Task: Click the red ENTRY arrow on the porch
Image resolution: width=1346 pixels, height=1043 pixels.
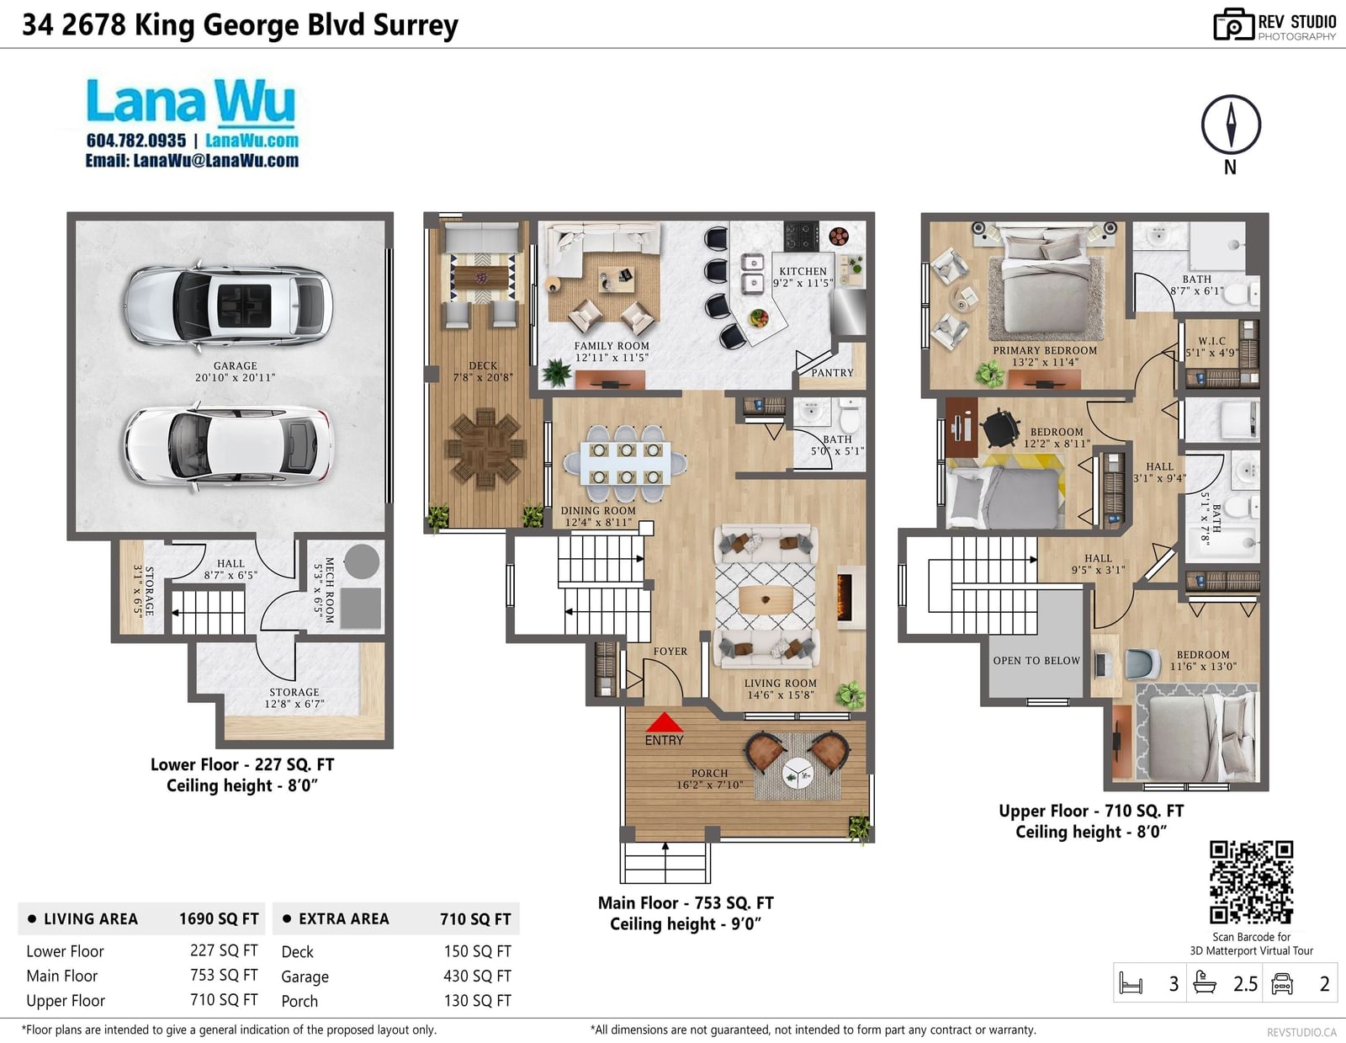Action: point(664,722)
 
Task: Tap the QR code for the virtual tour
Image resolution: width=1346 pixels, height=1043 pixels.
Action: point(1251,882)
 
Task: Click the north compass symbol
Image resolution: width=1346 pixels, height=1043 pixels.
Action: point(1231,125)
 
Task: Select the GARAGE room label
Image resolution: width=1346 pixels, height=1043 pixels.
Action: point(236,365)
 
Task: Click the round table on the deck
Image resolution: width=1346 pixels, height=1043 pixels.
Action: point(485,448)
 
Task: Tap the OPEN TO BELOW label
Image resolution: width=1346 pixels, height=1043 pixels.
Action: point(1036,661)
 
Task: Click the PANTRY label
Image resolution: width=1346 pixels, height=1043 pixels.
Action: point(832,372)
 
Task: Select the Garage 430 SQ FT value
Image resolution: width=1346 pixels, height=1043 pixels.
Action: point(477,976)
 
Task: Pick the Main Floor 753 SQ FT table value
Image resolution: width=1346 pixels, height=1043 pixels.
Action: point(224,976)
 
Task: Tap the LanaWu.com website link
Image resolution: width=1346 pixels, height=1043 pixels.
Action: point(252,141)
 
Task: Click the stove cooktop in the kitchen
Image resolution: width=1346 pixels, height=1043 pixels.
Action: point(802,236)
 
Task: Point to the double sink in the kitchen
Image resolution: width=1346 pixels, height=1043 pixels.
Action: point(753,274)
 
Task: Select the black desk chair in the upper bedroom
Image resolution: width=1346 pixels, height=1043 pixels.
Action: point(999,427)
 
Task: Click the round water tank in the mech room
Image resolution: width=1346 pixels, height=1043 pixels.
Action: point(362,561)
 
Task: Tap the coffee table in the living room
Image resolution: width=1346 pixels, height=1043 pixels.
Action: point(766,599)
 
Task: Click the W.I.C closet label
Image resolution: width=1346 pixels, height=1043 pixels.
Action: point(1211,341)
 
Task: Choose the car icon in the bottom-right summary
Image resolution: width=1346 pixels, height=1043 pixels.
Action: point(1281,983)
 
